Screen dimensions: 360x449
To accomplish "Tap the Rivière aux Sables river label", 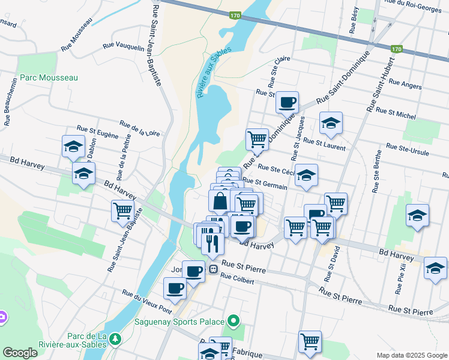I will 209,73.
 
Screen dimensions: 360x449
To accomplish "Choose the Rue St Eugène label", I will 97,132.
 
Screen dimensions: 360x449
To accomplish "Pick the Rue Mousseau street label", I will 76,34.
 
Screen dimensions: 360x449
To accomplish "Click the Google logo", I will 20,352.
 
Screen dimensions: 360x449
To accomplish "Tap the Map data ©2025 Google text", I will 412,355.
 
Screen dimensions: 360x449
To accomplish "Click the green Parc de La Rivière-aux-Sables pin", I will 114,340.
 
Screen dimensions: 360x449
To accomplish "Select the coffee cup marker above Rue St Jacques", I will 287,102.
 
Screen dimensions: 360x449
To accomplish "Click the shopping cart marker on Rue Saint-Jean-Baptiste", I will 122,211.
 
